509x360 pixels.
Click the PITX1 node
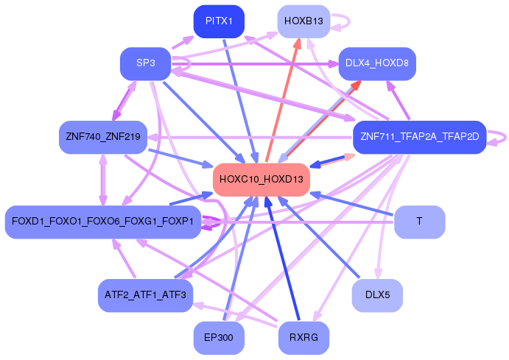(219, 21)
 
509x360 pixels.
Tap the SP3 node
(145, 63)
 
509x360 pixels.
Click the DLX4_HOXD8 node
(376, 63)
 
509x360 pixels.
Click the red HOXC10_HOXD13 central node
(261, 179)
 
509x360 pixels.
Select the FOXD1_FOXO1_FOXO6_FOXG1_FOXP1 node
(103, 222)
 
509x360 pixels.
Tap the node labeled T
(419, 222)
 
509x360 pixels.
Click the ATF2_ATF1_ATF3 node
(145, 295)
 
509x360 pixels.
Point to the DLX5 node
(376, 295)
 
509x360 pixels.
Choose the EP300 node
(219, 337)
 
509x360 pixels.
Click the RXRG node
(303, 337)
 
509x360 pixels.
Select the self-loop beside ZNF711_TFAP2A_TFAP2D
(501, 137)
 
